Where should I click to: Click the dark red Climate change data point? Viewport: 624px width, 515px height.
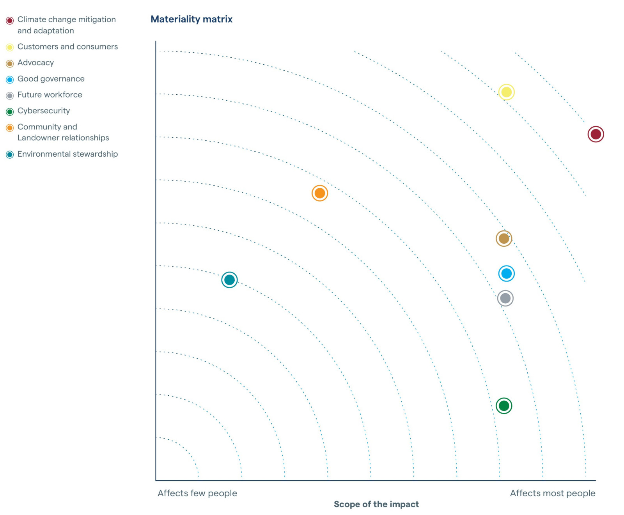click(596, 134)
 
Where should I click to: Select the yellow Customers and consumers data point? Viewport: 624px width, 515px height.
click(506, 92)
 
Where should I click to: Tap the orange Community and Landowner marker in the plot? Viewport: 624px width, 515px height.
click(319, 193)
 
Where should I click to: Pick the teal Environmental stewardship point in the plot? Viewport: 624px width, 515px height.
click(229, 280)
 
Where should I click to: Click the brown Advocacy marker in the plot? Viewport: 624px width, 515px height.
click(503, 238)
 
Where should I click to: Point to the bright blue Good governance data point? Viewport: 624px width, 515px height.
click(506, 273)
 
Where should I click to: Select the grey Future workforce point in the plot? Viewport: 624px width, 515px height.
click(505, 298)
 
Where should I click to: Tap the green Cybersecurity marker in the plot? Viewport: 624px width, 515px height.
click(503, 405)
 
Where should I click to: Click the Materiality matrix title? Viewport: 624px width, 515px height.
click(191, 19)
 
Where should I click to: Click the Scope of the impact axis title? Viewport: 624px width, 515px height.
click(376, 504)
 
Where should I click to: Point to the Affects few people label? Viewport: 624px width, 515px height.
click(197, 493)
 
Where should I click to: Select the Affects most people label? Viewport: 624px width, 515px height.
click(552, 493)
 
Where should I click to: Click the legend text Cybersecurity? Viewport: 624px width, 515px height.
click(44, 111)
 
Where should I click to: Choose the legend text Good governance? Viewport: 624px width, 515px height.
click(51, 79)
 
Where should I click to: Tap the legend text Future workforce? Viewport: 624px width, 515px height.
click(50, 95)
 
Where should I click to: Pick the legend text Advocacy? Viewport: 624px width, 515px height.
click(35, 63)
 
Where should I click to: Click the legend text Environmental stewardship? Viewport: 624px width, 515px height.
click(67, 154)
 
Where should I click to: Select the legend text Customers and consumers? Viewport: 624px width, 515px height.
click(67, 47)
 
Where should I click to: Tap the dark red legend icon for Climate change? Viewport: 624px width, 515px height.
click(10, 20)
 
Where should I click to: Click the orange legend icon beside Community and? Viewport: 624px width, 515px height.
click(10, 127)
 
